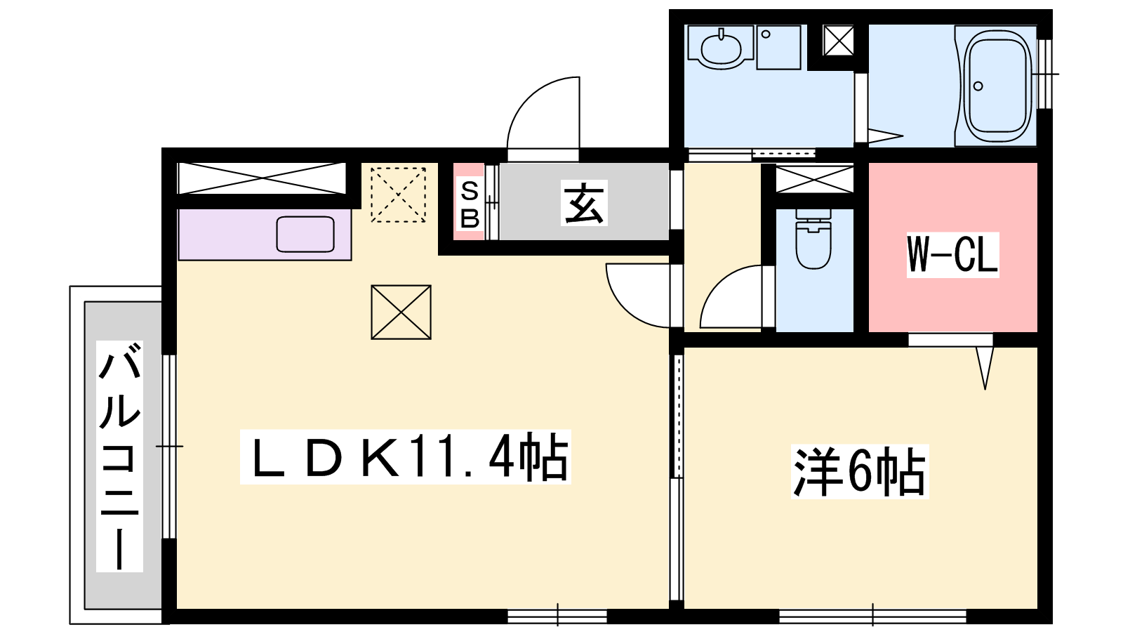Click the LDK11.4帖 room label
click(405, 457)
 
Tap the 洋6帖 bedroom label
click(859, 471)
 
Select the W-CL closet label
click(952, 254)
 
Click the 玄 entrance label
click(584, 203)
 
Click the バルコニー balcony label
click(120, 456)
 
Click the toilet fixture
click(813, 239)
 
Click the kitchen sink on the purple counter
click(305, 235)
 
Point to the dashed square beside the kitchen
click(398, 195)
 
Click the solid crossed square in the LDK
click(401, 312)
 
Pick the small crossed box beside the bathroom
click(838, 41)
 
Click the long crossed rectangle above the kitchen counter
click(262, 178)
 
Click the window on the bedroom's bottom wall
click(873, 616)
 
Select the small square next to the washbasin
click(778, 47)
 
